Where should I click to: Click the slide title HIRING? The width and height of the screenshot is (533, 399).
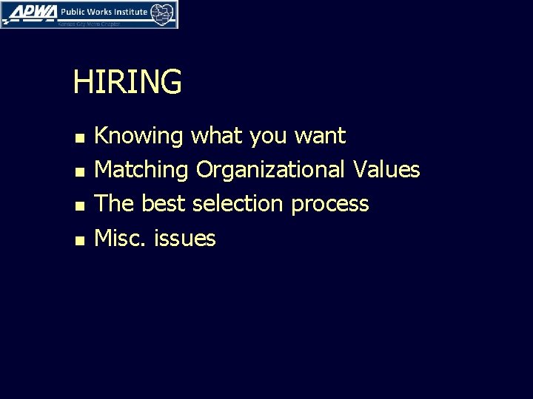pyautogui.click(x=127, y=82)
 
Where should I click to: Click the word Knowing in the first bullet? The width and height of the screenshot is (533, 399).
pyautogui.click(x=140, y=137)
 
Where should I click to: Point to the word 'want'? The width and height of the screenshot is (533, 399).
pyautogui.click(x=320, y=137)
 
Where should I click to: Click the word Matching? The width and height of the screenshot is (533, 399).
pyautogui.click(x=143, y=171)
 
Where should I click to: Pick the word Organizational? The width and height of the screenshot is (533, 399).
pyautogui.click(x=272, y=171)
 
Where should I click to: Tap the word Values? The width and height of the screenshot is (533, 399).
pyautogui.click(x=386, y=170)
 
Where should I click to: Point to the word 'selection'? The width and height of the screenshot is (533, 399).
pyautogui.click(x=238, y=203)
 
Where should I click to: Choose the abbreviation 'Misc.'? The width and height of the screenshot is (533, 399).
pyautogui.click(x=122, y=237)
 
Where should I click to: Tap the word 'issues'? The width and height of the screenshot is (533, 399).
pyautogui.click(x=185, y=238)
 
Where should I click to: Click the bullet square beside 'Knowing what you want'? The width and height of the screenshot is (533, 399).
pyautogui.click(x=79, y=137)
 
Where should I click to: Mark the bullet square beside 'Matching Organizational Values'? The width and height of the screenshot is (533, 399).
pyautogui.click(x=79, y=171)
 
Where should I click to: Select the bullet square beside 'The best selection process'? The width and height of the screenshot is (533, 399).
pyautogui.click(x=79, y=205)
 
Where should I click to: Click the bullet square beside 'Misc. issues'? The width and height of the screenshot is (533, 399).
pyautogui.click(x=79, y=239)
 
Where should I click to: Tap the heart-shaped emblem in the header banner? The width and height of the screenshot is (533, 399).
pyautogui.click(x=162, y=13)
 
